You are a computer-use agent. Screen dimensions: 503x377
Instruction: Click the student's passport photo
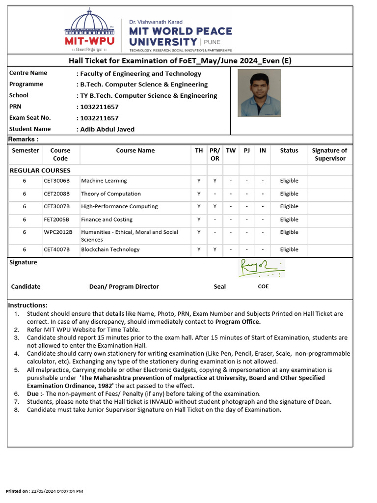click(259, 93)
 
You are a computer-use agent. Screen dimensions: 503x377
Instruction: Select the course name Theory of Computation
click(111, 194)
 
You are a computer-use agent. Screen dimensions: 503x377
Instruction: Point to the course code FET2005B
click(56, 220)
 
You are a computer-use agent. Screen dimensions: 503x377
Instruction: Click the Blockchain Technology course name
click(110, 250)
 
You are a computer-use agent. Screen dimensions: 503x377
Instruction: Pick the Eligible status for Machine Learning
click(289, 181)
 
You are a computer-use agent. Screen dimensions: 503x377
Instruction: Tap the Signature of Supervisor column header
click(329, 154)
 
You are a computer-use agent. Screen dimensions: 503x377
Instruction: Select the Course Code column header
click(60, 154)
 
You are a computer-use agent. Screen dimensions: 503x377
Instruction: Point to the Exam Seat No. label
click(30, 118)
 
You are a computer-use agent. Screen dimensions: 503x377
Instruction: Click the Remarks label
click(23, 140)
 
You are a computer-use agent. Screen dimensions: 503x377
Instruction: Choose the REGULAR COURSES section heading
click(40, 170)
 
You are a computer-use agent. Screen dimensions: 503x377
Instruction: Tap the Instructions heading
click(28, 305)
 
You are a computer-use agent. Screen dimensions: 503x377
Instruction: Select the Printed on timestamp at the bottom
click(44, 491)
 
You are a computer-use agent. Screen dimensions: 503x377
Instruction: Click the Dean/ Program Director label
click(124, 286)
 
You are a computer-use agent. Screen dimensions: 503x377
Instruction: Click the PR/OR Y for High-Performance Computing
click(215, 207)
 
